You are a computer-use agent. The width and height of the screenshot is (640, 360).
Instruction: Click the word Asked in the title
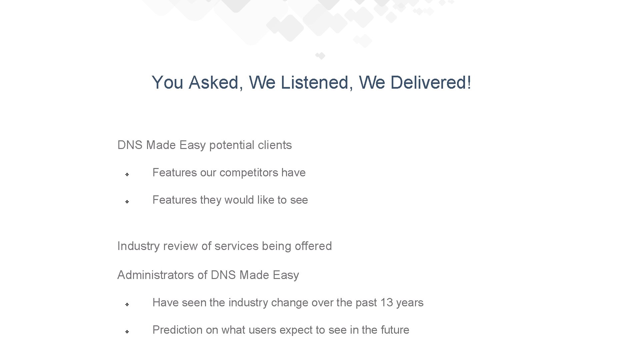(214, 82)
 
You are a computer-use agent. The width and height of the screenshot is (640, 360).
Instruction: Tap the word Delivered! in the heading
(431, 82)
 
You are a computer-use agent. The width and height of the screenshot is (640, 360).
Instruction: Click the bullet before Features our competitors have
(127, 174)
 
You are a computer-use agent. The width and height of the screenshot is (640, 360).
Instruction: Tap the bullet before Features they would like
(127, 202)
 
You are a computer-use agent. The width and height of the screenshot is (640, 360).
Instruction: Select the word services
(236, 246)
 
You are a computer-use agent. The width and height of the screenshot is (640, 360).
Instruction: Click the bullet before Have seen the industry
(127, 304)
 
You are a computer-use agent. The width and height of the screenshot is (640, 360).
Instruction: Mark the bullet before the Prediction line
(127, 332)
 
